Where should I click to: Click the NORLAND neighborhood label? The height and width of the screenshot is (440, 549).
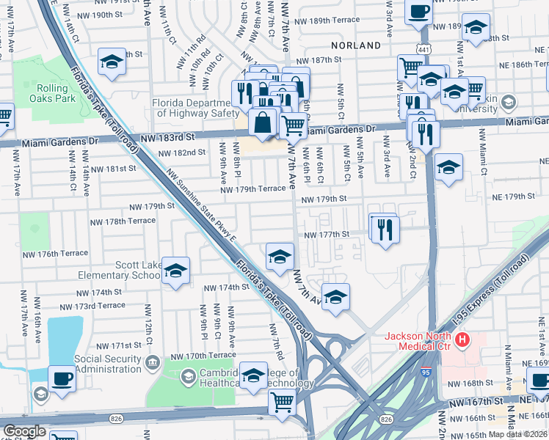(355, 45)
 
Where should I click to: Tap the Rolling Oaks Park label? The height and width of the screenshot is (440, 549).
(56, 93)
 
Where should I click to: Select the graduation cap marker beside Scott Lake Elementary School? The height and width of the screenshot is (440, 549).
(175, 271)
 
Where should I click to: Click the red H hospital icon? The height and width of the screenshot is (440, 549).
(462, 339)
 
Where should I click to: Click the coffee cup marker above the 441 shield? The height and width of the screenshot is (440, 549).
(418, 12)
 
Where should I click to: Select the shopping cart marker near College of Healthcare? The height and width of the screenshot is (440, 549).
(282, 402)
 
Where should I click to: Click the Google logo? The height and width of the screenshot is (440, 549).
(23, 431)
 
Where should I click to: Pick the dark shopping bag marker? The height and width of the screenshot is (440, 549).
(263, 122)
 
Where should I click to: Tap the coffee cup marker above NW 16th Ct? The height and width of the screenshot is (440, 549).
(62, 379)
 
